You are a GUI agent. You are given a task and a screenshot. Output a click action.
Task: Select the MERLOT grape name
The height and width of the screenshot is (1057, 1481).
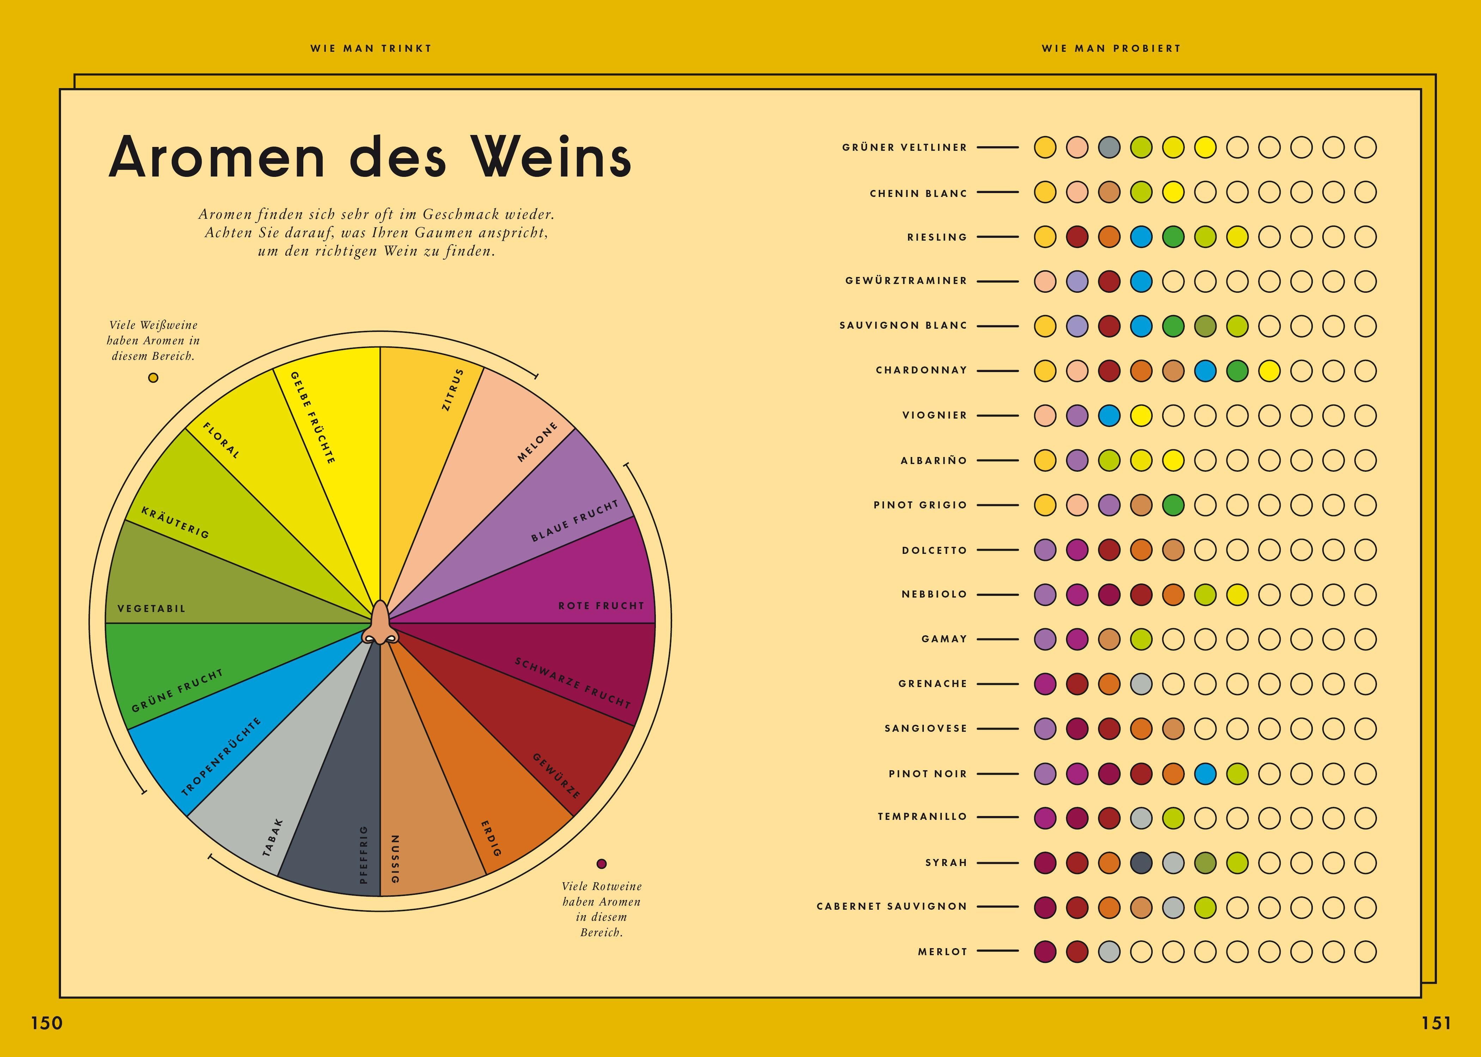943,952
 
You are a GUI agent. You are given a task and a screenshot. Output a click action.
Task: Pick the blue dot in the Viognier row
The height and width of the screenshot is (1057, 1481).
1109,415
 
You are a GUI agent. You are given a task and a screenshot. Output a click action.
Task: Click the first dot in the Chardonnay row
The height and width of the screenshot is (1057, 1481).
1045,370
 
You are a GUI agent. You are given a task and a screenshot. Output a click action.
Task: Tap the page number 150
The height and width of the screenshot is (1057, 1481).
47,1023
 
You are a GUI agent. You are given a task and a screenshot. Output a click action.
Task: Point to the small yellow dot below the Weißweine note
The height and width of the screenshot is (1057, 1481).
153,377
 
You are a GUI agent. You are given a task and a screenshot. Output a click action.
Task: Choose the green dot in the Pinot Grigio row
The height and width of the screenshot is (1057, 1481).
1173,505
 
